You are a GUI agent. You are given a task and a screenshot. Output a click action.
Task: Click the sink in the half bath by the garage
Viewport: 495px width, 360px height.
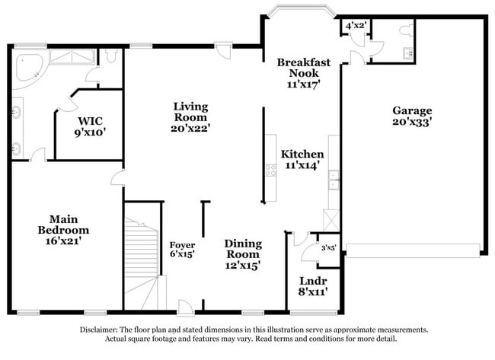click(x=407, y=53)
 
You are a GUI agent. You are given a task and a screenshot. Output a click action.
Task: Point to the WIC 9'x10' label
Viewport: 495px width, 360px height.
click(x=90, y=126)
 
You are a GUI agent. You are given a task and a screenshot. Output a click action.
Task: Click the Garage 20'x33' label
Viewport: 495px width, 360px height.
click(x=412, y=116)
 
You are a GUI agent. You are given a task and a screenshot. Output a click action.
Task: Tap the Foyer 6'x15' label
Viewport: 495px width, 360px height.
click(x=183, y=250)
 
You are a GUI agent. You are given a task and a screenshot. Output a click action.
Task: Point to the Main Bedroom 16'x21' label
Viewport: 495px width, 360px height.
click(x=64, y=229)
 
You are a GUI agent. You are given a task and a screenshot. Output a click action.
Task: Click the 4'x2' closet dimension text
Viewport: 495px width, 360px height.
click(x=356, y=26)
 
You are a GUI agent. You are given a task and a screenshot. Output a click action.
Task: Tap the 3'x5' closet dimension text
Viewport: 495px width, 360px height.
click(x=328, y=247)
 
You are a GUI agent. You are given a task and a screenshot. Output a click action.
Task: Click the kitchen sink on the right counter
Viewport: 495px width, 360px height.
click(x=334, y=180)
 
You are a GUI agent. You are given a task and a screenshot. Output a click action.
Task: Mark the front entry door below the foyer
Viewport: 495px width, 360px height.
click(x=185, y=307)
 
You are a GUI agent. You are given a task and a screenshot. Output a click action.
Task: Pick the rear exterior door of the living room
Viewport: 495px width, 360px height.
click(x=222, y=49)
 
